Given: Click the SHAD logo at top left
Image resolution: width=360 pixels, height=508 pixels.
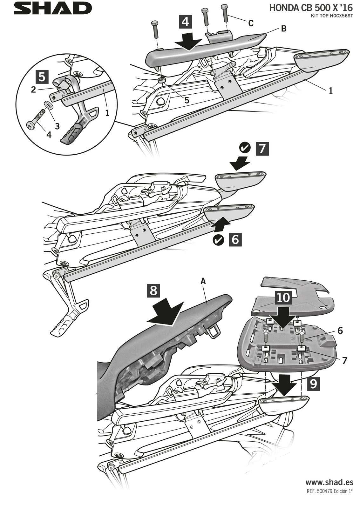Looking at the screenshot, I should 52,8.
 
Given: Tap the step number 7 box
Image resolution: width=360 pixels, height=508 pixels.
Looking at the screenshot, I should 262,149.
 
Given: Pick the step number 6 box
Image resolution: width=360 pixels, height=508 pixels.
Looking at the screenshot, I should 235,239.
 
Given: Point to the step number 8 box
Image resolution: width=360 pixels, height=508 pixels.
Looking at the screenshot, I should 153,290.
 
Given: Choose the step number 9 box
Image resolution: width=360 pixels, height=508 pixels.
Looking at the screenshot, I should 313,384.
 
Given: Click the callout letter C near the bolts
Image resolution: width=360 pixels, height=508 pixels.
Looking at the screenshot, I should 250,23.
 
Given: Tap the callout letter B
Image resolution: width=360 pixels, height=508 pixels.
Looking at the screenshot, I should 284,29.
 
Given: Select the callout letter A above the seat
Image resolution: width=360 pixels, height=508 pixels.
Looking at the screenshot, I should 203,281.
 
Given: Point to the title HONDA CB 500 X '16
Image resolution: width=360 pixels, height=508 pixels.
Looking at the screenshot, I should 311,8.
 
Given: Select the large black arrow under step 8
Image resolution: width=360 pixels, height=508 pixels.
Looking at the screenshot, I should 166,312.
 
